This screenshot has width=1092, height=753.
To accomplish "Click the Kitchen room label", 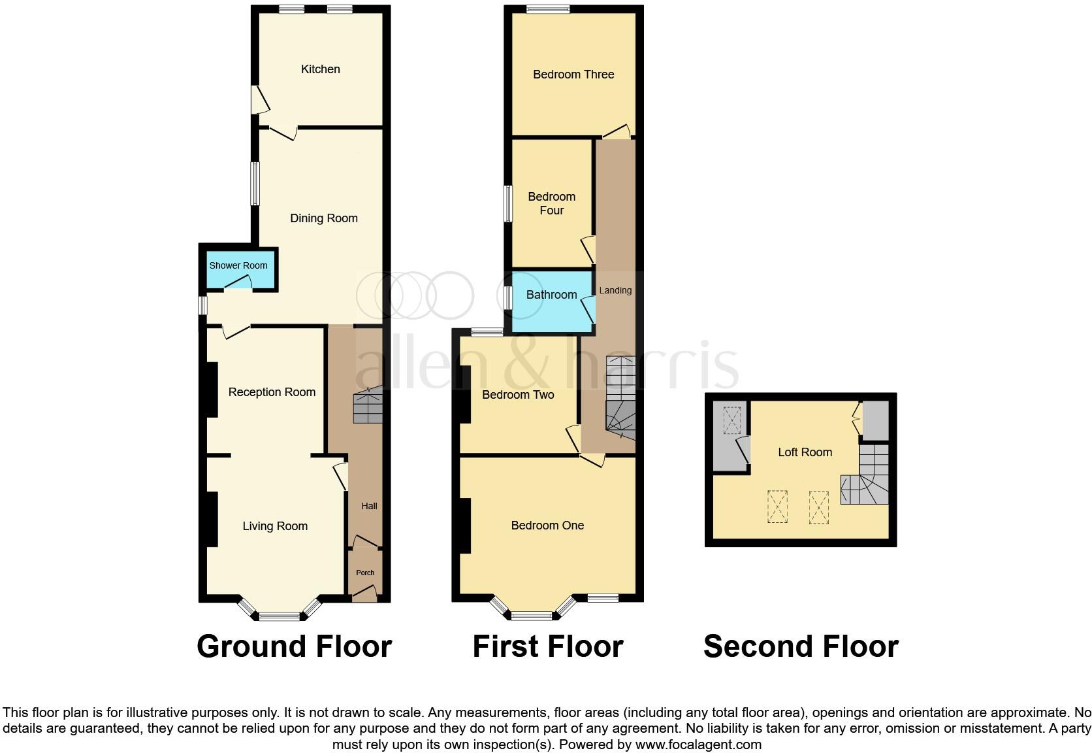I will click(320, 69).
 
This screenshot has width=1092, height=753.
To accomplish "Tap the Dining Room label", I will click(324, 218).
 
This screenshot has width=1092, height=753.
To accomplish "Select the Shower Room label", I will click(238, 265).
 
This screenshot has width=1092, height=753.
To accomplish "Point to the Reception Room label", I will click(272, 392).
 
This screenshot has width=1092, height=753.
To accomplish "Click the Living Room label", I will click(275, 526).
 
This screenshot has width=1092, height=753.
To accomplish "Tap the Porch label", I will click(365, 573).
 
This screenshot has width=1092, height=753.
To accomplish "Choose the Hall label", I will click(369, 506).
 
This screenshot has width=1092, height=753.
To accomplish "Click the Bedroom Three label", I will click(573, 75).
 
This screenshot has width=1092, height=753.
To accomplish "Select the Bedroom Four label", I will click(552, 203).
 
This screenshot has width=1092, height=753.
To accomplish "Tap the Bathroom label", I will click(552, 295).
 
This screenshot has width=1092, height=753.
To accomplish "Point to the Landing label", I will click(615, 290).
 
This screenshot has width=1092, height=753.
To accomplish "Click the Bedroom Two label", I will click(518, 395).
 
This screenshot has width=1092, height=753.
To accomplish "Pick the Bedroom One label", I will click(547, 526).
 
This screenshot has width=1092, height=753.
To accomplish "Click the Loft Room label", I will click(805, 452).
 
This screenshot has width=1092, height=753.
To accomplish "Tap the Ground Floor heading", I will click(294, 646).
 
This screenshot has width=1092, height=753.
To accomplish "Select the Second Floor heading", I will click(801, 646).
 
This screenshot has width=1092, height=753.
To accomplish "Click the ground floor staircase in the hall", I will click(368, 407).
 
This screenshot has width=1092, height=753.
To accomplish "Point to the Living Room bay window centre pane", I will click(279, 615).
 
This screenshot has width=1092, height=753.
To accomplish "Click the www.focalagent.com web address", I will click(698, 745).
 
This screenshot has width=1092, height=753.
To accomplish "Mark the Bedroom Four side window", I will click(507, 203).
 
